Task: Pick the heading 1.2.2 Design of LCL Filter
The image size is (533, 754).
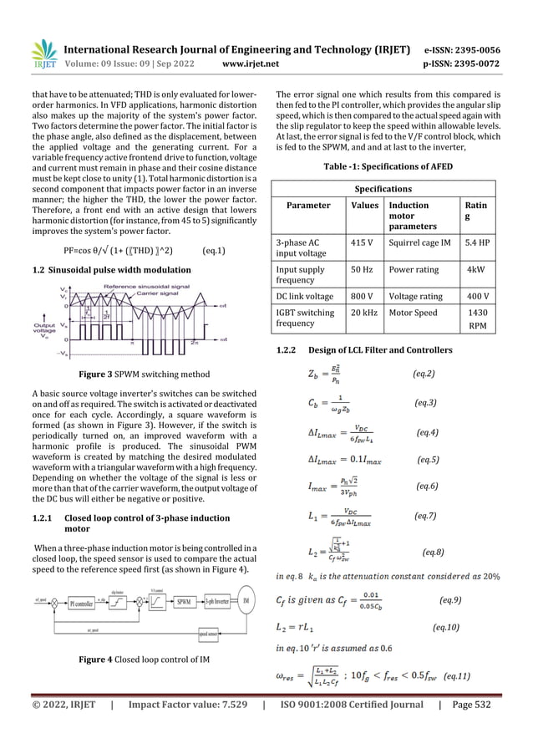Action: tap(366, 349)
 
